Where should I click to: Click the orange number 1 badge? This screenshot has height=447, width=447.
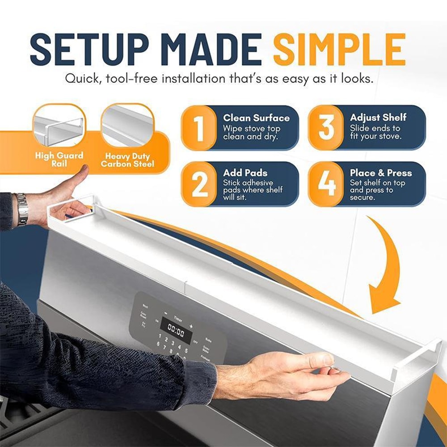pos(199,128)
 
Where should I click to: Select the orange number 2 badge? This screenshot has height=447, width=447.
pos(199,184)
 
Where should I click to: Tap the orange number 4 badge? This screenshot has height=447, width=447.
pos(326,184)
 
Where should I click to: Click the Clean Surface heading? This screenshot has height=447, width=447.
pos(256,118)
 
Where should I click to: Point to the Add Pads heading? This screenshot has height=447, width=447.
pos(245,173)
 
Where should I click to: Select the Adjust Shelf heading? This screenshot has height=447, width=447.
pos(378,118)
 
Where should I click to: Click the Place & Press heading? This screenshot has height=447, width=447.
pos(381,173)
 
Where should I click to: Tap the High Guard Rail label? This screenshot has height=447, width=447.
pos(59,159)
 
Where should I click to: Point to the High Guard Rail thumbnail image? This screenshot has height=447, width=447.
pos(59,126)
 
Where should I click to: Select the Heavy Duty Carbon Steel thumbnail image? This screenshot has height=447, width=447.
pos(127,126)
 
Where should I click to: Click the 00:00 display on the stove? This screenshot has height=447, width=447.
pos(176,332)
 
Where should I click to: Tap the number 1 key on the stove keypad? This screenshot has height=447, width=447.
pos(160,336)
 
